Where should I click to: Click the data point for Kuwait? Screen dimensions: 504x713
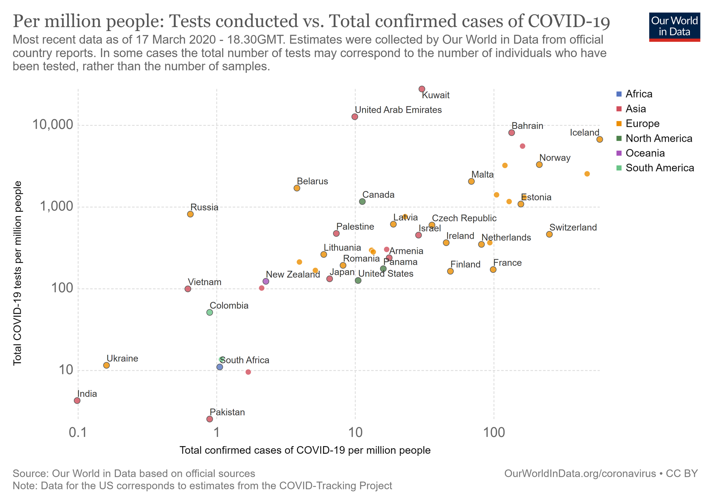[422, 89]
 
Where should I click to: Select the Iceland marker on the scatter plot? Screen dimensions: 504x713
[600, 139]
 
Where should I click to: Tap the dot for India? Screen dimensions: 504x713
[77, 400]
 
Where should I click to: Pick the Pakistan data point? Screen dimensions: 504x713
[210, 419]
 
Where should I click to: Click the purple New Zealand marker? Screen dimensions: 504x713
[266, 281]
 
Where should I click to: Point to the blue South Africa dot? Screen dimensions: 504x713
[220, 367]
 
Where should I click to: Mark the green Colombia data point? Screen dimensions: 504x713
[210, 312]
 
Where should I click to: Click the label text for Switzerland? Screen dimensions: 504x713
[573, 227]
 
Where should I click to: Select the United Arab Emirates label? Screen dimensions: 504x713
[398, 110]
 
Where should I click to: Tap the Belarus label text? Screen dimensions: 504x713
[312, 181]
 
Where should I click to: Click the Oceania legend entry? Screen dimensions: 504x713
[645, 153]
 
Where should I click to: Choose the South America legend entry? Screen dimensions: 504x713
[660, 168]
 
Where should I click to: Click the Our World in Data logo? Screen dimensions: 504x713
[674, 27]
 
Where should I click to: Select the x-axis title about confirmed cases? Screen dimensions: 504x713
[305, 450]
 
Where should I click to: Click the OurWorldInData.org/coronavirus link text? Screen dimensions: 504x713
[580, 473]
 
